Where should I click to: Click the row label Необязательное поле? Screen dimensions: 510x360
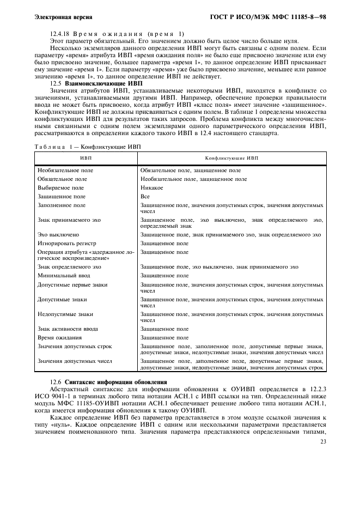point(65,170)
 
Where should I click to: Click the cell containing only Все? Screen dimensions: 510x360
point(145,196)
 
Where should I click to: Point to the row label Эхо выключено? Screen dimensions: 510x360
point(58,235)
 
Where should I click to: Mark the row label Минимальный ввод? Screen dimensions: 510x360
point(63,276)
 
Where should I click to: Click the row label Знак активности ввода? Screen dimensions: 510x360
point(68,329)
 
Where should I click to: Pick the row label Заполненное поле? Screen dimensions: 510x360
point(61,205)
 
